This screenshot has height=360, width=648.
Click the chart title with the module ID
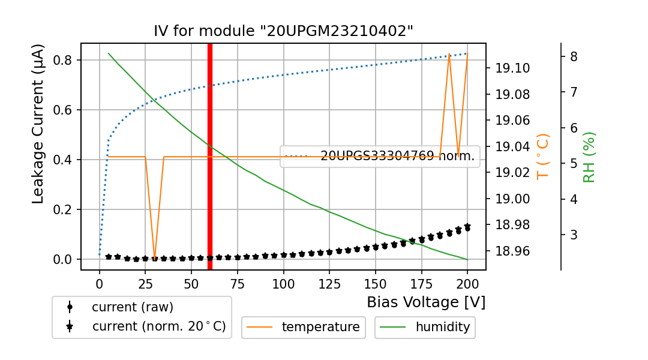(x=283, y=31)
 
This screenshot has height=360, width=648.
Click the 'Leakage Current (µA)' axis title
(x=38, y=124)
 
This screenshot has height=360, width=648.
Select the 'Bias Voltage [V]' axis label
(x=426, y=302)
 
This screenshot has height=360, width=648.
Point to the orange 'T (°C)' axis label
(x=542, y=156)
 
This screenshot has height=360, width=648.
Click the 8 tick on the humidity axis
(x=574, y=56)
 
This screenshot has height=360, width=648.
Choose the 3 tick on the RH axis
(x=574, y=235)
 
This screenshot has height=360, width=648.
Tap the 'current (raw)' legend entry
(x=132, y=307)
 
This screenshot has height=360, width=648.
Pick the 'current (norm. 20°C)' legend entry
(x=158, y=327)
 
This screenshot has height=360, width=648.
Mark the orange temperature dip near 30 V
(x=154, y=257)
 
